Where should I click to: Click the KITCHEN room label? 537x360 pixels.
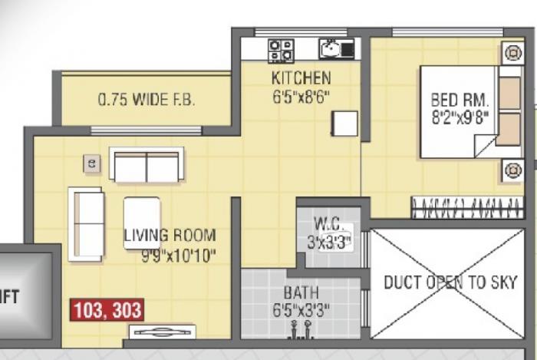[301, 78]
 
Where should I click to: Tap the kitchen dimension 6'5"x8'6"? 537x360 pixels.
[301, 97]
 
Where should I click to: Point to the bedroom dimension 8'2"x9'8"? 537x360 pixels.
[460, 119]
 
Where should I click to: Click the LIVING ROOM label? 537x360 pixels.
[170, 236]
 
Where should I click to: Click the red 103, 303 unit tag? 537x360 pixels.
[107, 310]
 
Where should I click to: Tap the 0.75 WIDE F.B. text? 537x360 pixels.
[146, 100]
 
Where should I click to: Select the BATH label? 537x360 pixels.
[301, 292]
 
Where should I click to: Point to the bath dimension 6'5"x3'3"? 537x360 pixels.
[301, 310]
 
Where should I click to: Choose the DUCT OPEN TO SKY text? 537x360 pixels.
[450, 282]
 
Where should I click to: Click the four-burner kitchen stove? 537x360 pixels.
[279, 51]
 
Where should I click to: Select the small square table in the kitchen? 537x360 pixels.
[344, 124]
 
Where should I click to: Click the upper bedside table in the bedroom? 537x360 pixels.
[512, 53]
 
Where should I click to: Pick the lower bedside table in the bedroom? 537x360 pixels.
[512, 170]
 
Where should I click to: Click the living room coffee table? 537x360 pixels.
[142, 223]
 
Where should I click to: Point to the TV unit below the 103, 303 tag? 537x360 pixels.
[161, 332]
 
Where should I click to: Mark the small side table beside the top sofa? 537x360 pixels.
[93, 163]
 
